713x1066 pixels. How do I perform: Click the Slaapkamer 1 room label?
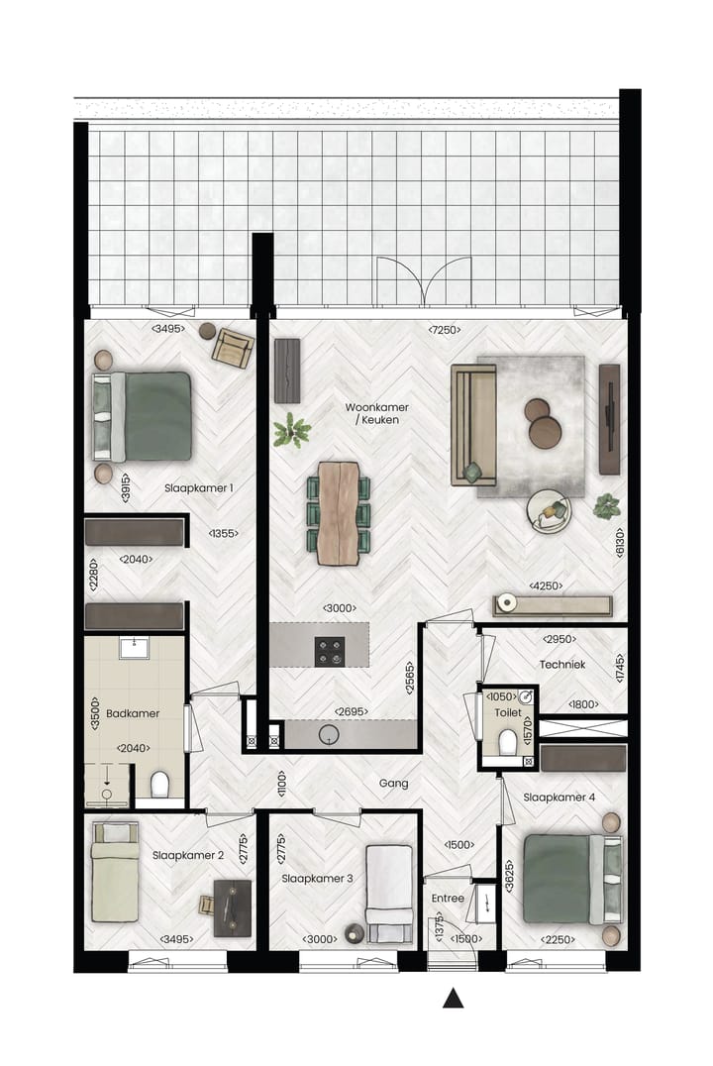(198, 487)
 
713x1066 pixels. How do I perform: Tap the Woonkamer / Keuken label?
(376, 414)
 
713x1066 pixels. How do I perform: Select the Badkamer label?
(134, 712)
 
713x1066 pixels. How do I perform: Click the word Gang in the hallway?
(393, 783)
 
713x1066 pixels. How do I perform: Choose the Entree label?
(449, 898)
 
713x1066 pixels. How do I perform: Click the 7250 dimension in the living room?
(444, 329)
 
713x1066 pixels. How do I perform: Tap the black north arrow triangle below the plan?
(453, 999)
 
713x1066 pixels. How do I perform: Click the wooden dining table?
(337, 513)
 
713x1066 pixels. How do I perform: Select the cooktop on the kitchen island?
(330, 650)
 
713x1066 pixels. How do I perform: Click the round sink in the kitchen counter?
(330, 734)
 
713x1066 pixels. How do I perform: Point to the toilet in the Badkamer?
(160, 786)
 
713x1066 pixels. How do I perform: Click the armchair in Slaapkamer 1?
(233, 348)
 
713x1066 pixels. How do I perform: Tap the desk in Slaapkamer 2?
(233, 906)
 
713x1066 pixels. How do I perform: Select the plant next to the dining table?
(292, 431)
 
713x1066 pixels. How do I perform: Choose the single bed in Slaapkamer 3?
(388, 893)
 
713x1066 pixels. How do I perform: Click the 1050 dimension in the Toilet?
(502, 696)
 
